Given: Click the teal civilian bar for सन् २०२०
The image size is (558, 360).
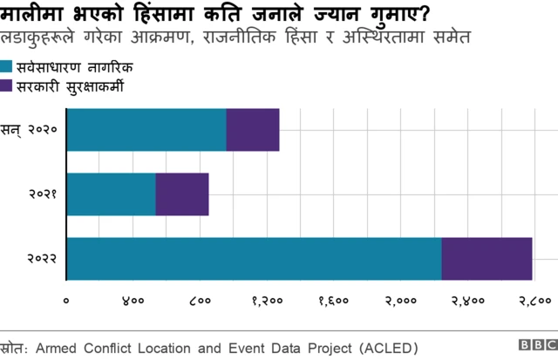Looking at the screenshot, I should pyautogui.click(x=146, y=130).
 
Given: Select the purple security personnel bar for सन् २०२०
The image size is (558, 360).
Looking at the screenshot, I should pyautogui.click(x=253, y=130).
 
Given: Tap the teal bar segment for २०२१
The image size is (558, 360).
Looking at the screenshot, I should pyautogui.click(x=111, y=194).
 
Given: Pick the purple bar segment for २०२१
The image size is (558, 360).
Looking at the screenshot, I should pyautogui.click(x=182, y=194).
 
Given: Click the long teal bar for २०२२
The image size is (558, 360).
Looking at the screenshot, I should pyautogui.click(x=254, y=258).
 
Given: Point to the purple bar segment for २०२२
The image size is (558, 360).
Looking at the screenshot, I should pyautogui.click(x=487, y=258).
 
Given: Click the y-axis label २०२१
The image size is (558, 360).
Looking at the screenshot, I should pyautogui.click(x=42, y=194).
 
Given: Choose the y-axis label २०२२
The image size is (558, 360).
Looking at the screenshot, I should pyautogui.click(x=42, y=259).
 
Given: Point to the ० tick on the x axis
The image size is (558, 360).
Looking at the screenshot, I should pyautogui.click(x=66, y=301).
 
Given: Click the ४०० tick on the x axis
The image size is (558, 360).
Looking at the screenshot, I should pyautogui.click(x=133, y=301).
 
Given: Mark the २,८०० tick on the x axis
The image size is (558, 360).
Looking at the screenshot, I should pyautogui.click(x=533, y=301).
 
